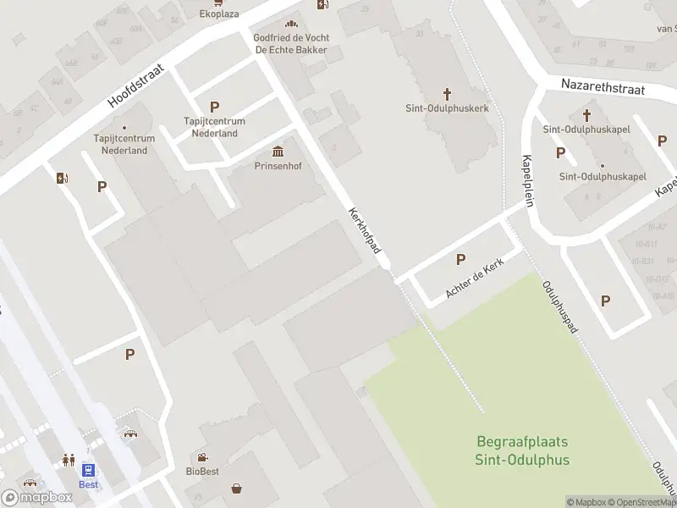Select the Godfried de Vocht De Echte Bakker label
[291, 43]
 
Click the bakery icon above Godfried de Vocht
[291, 25]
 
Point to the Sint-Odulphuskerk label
[447, 108]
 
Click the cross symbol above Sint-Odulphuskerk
[447, 93]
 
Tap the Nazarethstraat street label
[603, 87]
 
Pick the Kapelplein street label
[528, 180]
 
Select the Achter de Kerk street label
[475, 280]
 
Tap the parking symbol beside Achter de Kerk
[461, 260]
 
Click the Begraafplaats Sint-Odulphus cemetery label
[522, 451]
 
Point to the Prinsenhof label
[278, 166]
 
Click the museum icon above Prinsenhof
[278, 152]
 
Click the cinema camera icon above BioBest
[202, 457]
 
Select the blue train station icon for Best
[88, 469]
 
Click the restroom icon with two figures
[68, 461]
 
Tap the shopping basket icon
[236, 489]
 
